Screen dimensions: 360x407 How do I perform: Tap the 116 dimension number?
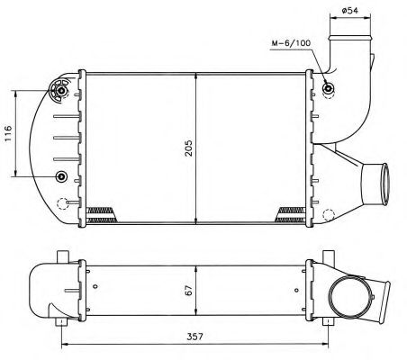coord(8,134)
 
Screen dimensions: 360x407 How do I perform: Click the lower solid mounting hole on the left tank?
coord(61,175)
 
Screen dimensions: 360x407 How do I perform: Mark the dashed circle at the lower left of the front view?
coord(61,203)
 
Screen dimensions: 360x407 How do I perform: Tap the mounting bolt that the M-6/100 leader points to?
coord(329,89)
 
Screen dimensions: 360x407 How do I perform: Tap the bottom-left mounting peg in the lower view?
coord(61,321)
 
